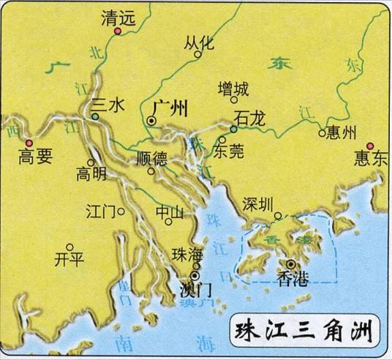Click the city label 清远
[x=118, y=20]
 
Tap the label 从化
[x=199, y=42]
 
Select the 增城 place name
[x=233, y=89]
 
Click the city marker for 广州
[x=151, y=120]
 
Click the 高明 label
[x=91, y=175]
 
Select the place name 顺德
[x=151, y=159]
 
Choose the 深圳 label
[x=261, y=203]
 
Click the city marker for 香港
[x=292, y=264]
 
